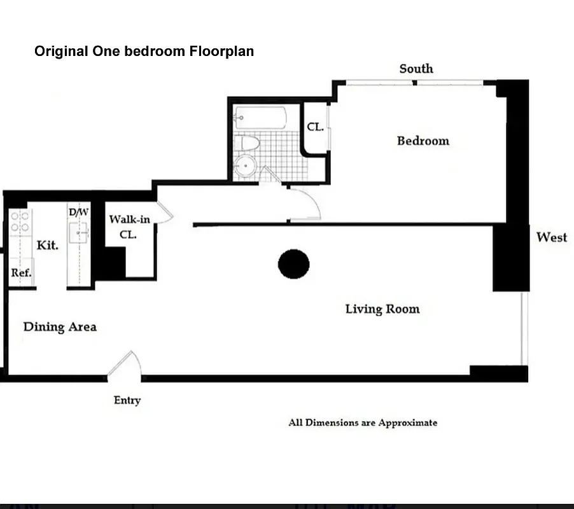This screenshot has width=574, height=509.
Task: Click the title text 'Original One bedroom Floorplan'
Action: [x=144, y=51]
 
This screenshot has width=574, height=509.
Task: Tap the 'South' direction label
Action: [x=416, y=69]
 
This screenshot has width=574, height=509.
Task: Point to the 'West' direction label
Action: [x=551, y=237]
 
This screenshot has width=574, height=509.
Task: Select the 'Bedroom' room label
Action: [x=423, y=141]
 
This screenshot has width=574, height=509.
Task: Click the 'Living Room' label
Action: [x=382, y=309]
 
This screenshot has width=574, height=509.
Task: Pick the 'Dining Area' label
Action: [x=60, y=327]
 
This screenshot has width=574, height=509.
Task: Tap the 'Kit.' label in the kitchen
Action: [x=48, y=245]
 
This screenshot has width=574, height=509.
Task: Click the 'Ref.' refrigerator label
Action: [x=21, y=273]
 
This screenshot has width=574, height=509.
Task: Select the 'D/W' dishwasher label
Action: [x=78, y=212]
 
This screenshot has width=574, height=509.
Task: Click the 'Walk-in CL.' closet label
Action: [x=129, y=227]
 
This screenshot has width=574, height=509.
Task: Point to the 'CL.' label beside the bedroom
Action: [x=316, y=127]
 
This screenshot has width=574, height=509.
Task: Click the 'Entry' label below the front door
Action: [x=127, y=400]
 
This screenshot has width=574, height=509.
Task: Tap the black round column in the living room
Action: [x=293, y=263]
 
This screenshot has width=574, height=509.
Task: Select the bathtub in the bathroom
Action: [x=260, y=118]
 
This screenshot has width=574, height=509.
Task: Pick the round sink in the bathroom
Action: [x=244, y=167]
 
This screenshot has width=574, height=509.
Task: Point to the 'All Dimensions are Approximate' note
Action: [x=363, y=422]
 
